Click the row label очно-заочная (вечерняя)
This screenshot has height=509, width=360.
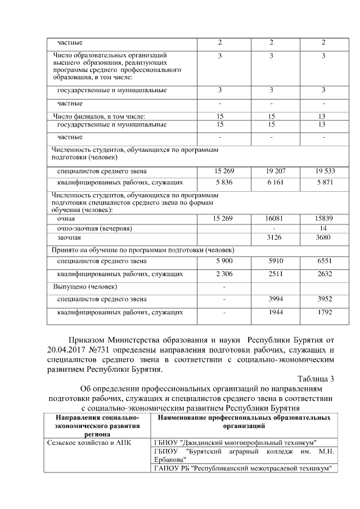click(x=94, y=228)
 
